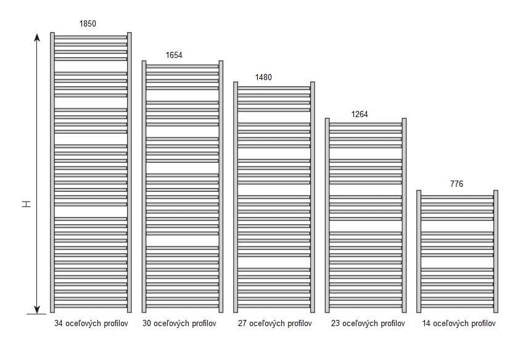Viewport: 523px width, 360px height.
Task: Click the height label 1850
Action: click(88, 23)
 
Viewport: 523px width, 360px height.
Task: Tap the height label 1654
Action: click(174, 55)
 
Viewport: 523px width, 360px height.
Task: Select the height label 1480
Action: click(263, 77)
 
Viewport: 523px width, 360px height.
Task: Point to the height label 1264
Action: click(359, 114)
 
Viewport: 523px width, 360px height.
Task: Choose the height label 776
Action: click(456, 184)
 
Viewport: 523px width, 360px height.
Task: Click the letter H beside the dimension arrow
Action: click(27, 204)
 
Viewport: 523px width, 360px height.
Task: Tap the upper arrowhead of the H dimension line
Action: click(37, 38)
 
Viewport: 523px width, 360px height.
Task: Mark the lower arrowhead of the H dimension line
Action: click(37, 309)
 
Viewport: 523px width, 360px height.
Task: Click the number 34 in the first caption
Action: click(59, 324)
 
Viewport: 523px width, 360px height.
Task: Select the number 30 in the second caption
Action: click(147, 324)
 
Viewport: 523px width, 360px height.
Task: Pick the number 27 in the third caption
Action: click(242, 324)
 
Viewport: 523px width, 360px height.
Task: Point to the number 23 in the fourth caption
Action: click(336, 324)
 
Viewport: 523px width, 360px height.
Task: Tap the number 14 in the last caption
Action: click(426, 324)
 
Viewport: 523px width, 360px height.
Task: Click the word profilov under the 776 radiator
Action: click(484, 324)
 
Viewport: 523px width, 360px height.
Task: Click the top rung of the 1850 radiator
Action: click(91, 38)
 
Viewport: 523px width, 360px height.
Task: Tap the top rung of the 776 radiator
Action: click(457, 197)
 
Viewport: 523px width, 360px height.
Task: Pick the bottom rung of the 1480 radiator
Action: click(274, 306)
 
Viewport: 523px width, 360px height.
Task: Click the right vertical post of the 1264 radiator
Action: click(404, 215)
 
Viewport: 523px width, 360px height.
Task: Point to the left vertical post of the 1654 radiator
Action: click(144, 187)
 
